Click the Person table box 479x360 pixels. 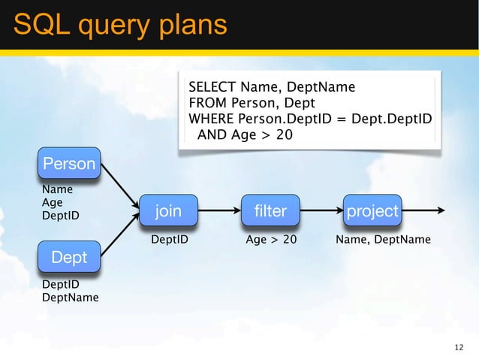coord(69,164)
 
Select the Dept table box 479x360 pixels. coord(69,258)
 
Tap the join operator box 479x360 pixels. coord(168,211)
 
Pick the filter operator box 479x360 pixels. coord(270,211)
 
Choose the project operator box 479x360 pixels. coord(372,211)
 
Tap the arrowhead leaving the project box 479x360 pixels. coord(441,211)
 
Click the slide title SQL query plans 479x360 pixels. coord(120,25)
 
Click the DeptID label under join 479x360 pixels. coord(170,240)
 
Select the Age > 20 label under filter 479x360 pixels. coord(271,240)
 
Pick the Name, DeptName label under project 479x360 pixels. coord(383,240)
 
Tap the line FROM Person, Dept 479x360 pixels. coord(252,103)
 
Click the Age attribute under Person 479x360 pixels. coord(52,203)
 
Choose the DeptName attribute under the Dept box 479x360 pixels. coord(70,298)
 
